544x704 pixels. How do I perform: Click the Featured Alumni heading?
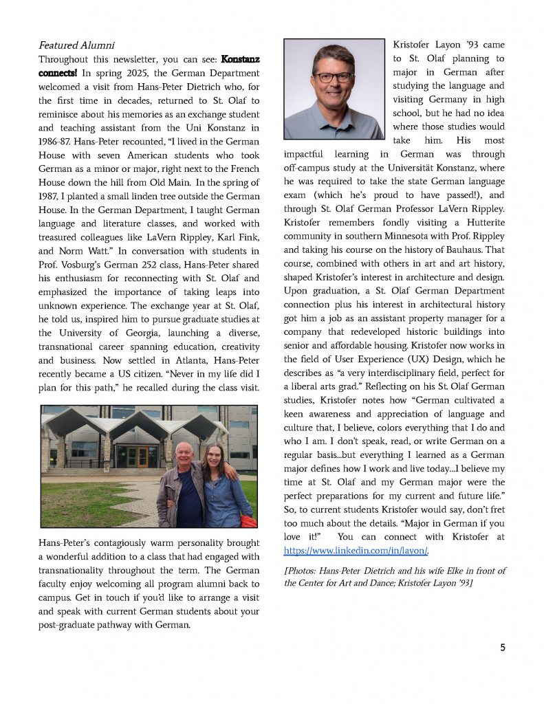(x=76, y=46)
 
